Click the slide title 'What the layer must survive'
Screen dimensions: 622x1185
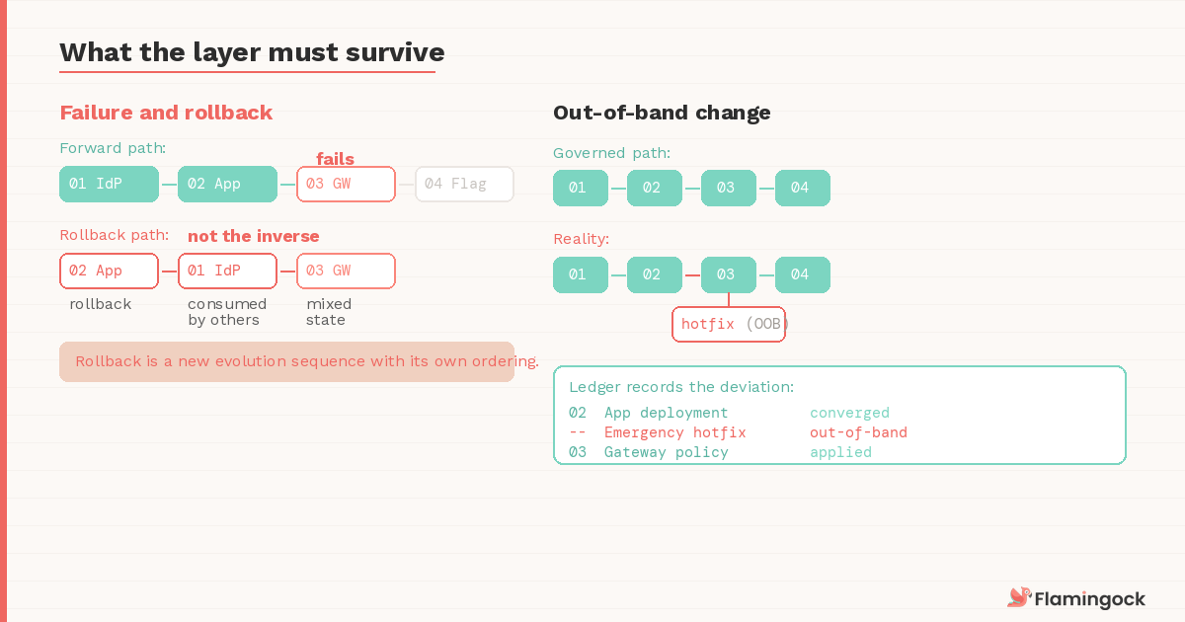[252, 52]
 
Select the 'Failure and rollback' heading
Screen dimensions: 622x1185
[166, 113]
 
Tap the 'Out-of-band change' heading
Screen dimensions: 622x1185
[662, 113]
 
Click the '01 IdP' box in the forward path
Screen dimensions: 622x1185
[109, 185]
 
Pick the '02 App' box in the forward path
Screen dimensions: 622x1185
[227, 185]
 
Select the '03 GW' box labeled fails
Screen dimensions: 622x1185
[346, 185]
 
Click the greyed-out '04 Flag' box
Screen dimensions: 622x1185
[464, 185]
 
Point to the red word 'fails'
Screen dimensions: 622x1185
[335, 159]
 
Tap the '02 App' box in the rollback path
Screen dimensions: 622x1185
[109, 271]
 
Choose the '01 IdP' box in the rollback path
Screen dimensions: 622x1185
[227, 271]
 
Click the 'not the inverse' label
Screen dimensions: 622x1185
[254, 236]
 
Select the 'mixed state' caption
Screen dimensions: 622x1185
[328, 312]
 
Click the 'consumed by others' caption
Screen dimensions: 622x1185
[227, 312]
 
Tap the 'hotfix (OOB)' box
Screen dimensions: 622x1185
[729, 325]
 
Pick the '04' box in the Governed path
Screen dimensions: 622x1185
[802, 189]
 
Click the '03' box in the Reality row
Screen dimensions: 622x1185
[728, 274]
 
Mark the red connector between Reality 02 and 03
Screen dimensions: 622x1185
[691, 274]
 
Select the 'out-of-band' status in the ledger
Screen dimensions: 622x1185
[858, 432]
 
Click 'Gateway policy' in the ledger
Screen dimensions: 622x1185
[666, 452]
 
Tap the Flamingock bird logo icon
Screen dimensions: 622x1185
[1018, 597]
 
